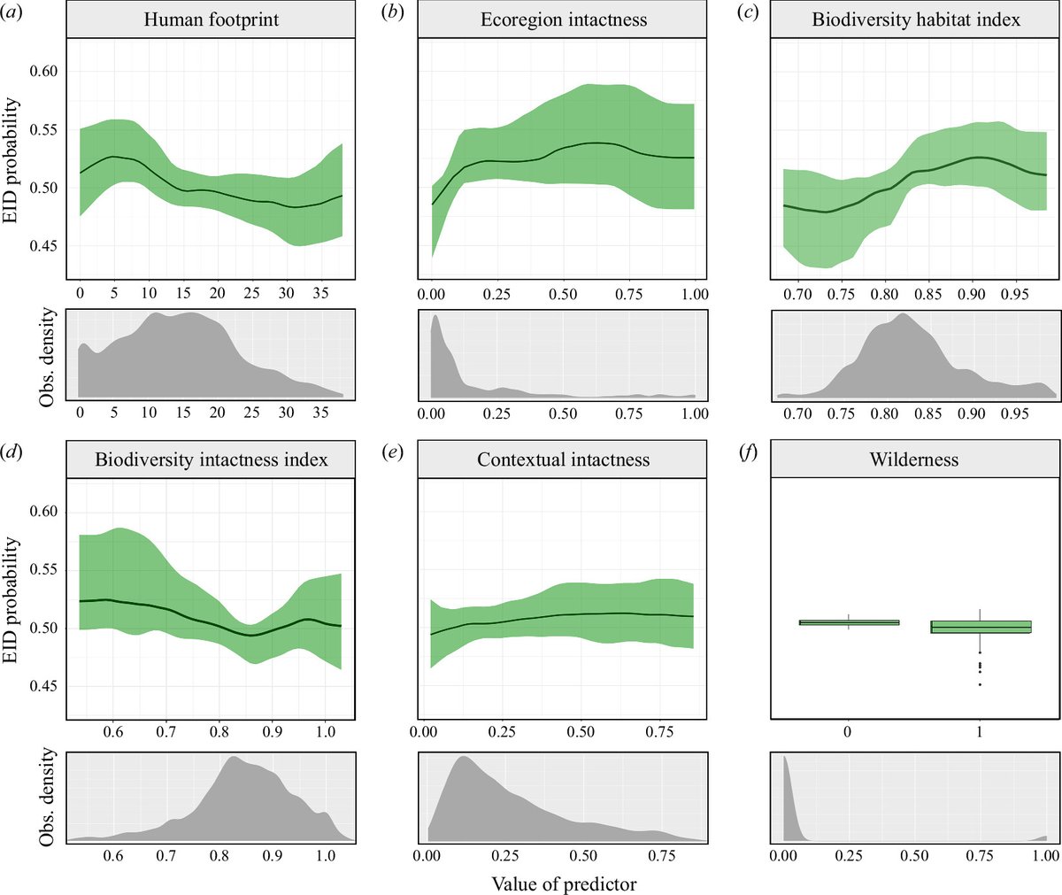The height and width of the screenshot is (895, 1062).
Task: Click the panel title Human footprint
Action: [x=211, y=19]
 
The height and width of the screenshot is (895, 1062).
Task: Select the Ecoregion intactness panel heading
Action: [x=563, y=19]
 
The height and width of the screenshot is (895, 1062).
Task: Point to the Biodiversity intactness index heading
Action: [x=211, y=459]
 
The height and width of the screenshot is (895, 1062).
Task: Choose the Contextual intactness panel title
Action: [x=563, y=459]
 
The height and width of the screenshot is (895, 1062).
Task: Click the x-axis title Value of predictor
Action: [x=563, y=883]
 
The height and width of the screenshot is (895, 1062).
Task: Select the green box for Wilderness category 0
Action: [x=849, y=622]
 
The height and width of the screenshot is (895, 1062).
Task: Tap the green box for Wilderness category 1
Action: [x=981, y=627]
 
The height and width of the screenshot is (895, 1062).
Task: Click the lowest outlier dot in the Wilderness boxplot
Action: [x=981, y=684]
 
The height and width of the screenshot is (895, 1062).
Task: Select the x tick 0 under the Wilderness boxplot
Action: [x=849, y=733]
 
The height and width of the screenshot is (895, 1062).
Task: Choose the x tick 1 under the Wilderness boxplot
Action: [x=981, y=733]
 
